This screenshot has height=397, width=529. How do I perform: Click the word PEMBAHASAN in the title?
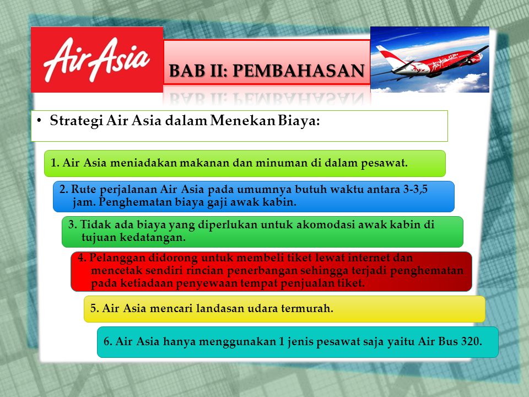coord(299,71)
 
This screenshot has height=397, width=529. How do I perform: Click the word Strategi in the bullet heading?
coord(77,121)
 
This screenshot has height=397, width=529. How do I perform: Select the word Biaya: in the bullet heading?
coord(299,121)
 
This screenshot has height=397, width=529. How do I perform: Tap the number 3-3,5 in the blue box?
coord(415,189)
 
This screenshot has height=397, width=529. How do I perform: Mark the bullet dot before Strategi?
coord(39,120)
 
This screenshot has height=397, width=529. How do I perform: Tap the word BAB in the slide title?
coord(182,71)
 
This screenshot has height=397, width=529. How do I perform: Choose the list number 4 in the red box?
coord(81,258)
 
